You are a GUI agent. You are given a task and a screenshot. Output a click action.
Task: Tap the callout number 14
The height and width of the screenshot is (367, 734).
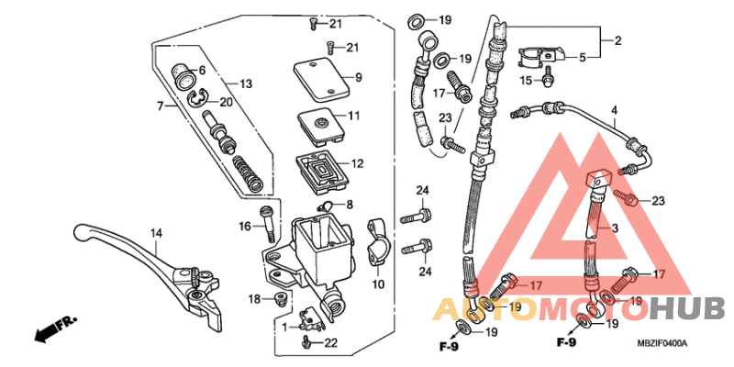coord(156,232)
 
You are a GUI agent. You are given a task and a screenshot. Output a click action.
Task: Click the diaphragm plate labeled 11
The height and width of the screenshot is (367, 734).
coord(321,124)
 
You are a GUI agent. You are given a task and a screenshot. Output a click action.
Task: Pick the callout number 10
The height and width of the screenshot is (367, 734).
coord(377,285)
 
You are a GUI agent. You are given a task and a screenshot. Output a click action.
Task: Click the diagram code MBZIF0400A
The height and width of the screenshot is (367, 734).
coord(662,343)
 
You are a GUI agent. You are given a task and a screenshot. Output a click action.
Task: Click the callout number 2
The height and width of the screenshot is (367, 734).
coord(617,40)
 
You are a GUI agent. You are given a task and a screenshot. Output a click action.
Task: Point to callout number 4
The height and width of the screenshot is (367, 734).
coord(614,111)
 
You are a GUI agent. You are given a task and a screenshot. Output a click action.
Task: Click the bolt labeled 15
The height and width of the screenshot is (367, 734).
coord(549,79)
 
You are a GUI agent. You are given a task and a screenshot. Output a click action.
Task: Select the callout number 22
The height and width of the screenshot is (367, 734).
coord(331,342)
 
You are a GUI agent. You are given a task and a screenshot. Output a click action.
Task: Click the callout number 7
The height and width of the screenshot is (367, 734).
coord(160,106)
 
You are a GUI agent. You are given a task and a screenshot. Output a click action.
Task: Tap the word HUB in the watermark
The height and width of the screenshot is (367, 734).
coord(689,309)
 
